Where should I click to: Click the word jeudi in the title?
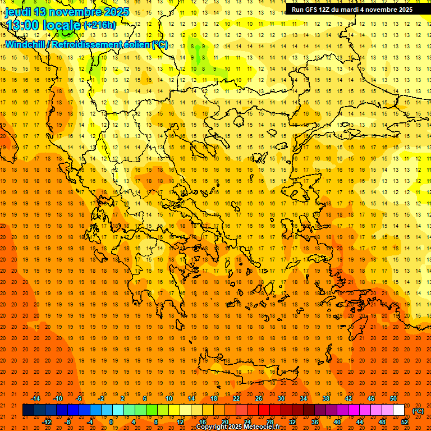[x=19, y=12]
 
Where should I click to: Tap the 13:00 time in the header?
[x=23, y=25]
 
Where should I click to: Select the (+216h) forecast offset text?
[x=100, y=25]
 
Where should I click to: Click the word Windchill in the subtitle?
[x=26, y=44]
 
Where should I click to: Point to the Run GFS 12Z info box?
[x=351, y=9]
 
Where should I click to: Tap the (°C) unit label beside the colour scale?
[x=418, y=411]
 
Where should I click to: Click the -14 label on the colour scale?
[x=35, y=398]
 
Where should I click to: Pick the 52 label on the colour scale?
[x=405, y=422]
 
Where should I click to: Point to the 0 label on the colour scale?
[x=111, y=422]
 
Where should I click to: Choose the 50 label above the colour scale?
[x=393, y=398]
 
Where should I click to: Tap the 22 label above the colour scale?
[x=236, y=398]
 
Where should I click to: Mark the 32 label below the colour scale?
[x=292, y=422]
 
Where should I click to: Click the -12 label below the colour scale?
[x=47, y=422]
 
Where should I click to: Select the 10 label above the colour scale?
[x=168, y=398]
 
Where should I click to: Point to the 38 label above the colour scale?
[x=326, y=398]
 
